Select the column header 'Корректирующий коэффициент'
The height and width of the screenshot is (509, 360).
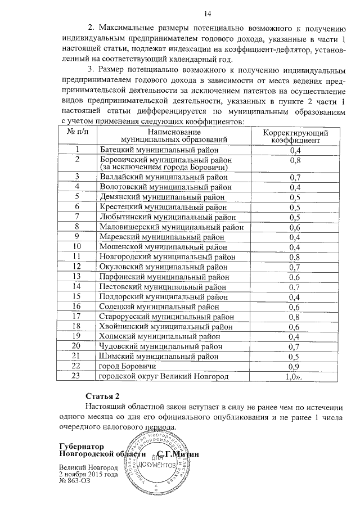[295, 136]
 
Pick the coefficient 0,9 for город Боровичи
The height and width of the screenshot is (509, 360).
[295, 366]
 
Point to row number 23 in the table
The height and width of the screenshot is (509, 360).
[78, 376]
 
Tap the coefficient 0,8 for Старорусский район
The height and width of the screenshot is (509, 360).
[295, 316]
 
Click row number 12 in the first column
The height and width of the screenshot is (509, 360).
[78, 267]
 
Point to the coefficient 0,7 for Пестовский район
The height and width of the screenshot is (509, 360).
[295, 286]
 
